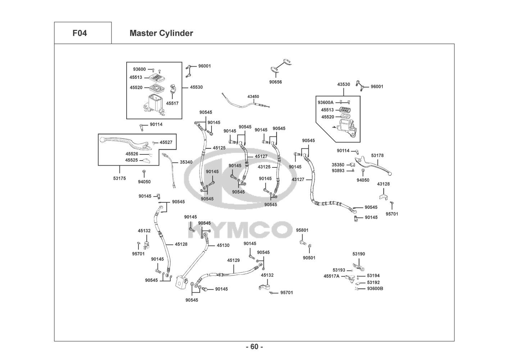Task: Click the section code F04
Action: point(79,33)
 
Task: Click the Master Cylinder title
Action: point(161,33)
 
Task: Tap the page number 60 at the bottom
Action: point(254,347)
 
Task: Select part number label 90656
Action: point(276,82)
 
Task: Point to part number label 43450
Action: point(253,96)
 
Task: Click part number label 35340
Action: point(186,162)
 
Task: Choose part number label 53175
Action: point(119,178)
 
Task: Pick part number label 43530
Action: point(344,84)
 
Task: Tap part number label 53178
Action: point(377,156)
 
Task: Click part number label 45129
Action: point(233,260)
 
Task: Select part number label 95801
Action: point(302,230)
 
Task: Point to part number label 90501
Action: point(309,258)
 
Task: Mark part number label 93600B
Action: point(375,289)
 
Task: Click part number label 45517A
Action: point(332,276)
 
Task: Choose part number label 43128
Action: point(383,184)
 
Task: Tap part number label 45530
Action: point(196,87)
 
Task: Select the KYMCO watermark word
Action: point(240,230)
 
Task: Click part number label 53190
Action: point(359,254)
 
